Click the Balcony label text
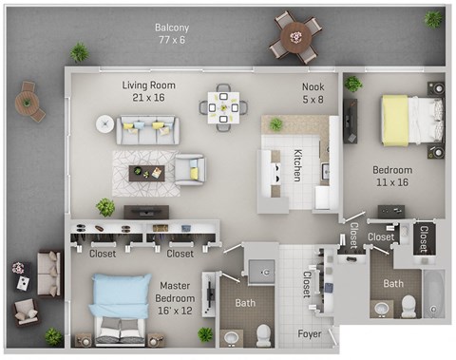click(x=172, y=34)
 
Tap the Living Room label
click(x=144, y=91)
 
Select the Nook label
click(x=313, y=92)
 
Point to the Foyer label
click(x=311, y=333)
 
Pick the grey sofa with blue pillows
click(x=147, y=130)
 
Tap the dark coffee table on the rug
click(x=146, y=171)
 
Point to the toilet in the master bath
click(x=264, y=333)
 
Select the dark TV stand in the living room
click(x=146, y=212)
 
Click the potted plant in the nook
click(x=275, y=124)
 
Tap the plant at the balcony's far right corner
click(x=433, y=18)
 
